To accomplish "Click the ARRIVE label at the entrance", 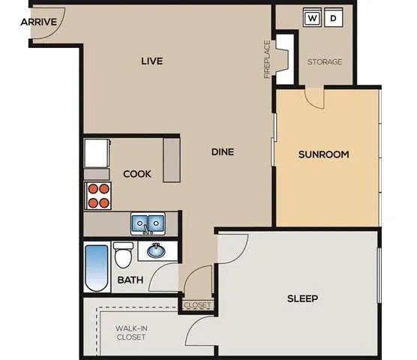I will tap(39, 22).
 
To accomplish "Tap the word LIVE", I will tap(152, 61).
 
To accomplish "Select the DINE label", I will tap(222, 151).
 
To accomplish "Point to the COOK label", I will tap(137, 174).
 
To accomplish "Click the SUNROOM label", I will tap(324, 155).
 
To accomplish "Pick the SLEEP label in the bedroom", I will tap(303, 298).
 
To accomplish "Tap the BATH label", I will tap(130, 280).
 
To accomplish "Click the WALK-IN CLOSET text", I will tap(130, 332).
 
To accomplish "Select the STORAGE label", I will tap(325, 61).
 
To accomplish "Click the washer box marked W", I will tap(313, 17).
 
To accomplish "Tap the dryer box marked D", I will tap(334, 17).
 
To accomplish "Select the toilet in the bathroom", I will tap(123, 256).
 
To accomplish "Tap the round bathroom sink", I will tap(157, 250).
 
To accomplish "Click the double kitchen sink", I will tap(148, 223).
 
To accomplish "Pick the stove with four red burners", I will tap(97, 196).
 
